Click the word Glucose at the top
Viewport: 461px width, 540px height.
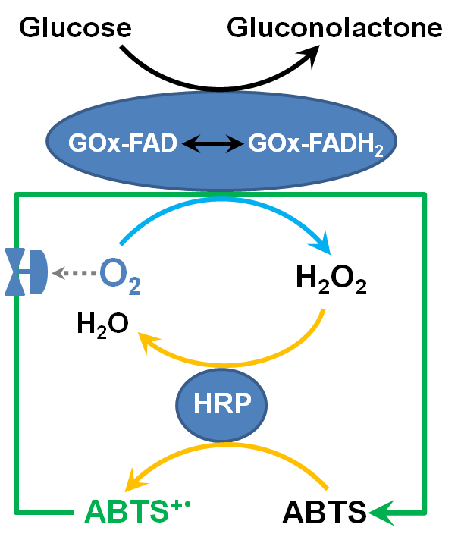76,28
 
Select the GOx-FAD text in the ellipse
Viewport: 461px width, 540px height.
122,143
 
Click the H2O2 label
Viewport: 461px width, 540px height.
331,280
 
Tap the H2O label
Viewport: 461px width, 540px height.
102,324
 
